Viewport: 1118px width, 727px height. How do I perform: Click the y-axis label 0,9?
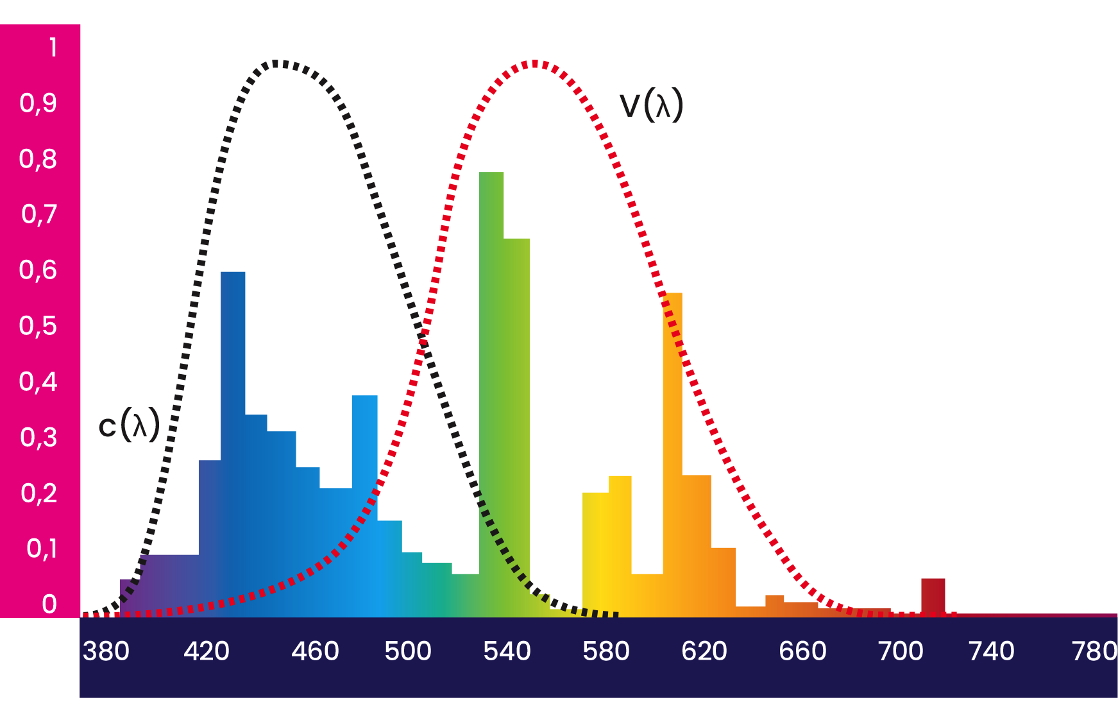coord(38,103)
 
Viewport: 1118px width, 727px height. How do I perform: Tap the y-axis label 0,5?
coord(38,326)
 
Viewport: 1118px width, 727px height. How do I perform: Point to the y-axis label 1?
coord(53,47)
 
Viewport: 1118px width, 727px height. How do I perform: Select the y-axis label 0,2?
coord(39,493)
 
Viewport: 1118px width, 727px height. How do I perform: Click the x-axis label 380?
coord(106,651)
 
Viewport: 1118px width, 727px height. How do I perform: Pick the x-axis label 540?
coord(507,651)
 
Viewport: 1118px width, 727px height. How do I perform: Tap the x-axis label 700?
coord(901,651)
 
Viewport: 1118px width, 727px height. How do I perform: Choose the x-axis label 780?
coord(1094,651)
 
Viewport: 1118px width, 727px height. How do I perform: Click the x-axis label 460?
coord(315,651)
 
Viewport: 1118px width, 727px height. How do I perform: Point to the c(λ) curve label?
coord(129,425)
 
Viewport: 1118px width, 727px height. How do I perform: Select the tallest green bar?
coord(491,385)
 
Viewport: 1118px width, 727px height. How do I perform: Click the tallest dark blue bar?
coord(233,436)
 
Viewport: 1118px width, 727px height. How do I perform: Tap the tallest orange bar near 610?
coord(672,449)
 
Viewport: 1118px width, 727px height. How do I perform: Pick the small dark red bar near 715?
coord(933,596)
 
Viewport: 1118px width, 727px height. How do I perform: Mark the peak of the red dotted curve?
coord(534,64)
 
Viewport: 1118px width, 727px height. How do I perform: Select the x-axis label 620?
coord(704,651)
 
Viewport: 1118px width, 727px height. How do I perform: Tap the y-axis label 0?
coord(49,604)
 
